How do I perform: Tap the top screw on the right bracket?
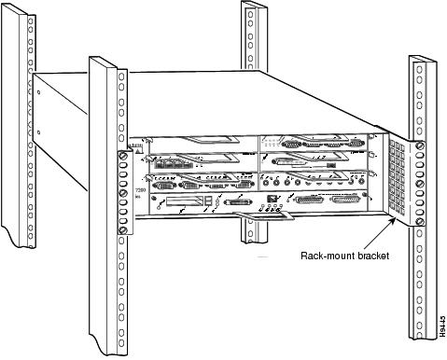(x=420, y=147)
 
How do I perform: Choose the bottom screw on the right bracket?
(x=420, y=221)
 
